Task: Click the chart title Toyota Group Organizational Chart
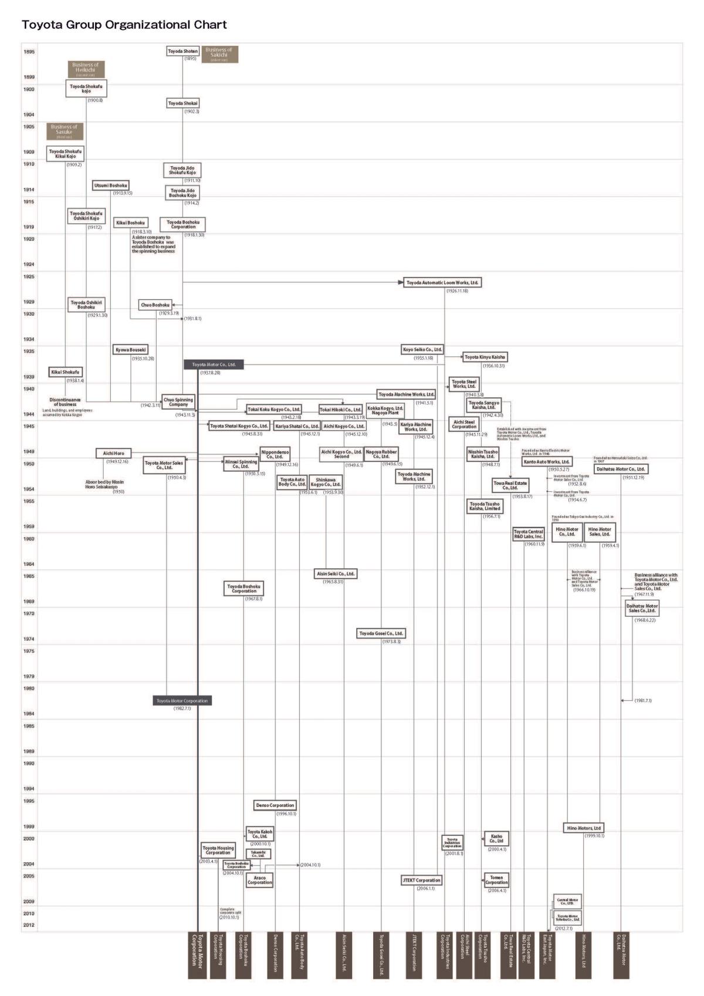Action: [124, 25]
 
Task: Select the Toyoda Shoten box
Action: [183, 52]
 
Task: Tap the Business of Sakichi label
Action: [219, 54]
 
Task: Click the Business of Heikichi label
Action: [86, 69]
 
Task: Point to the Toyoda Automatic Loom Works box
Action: [443, 283]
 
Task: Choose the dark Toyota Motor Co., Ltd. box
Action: [214, 364]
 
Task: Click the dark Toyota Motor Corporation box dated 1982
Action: [182, 701]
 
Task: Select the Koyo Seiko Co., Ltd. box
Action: [422, 350]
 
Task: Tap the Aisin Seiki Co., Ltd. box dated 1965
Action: [336, 573]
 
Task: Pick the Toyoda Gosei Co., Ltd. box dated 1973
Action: [381, 634]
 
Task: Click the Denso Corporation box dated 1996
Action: [275, 805]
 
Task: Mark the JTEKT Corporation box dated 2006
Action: [421, 880]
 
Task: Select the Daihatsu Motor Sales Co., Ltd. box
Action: [642, 608]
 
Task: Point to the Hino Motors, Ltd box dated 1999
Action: [584, 828]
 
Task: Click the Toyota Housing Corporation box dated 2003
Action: [218, 850]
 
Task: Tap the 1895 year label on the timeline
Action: [29, 52]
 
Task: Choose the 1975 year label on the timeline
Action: [29, 651]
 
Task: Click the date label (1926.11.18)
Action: [457, 291]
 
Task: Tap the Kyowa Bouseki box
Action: [131, 350]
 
